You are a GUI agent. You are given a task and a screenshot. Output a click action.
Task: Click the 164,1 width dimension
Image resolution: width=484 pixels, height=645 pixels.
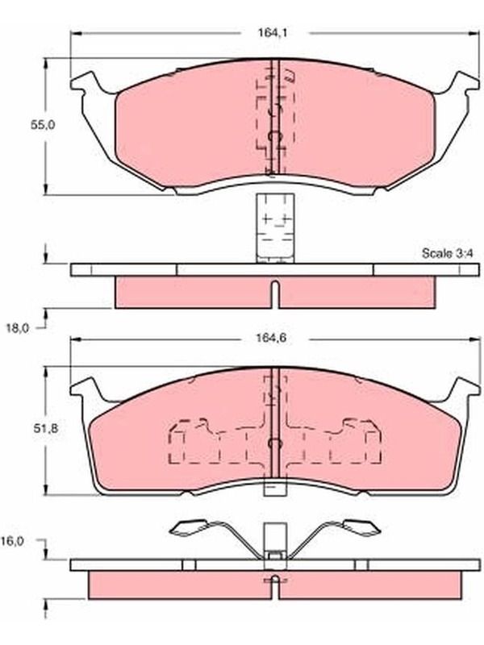tap(273, 32)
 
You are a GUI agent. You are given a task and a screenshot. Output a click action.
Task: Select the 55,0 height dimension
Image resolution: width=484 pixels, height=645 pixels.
tap(43, 125)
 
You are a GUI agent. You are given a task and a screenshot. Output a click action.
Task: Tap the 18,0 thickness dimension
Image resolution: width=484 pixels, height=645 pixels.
tap(19, 328)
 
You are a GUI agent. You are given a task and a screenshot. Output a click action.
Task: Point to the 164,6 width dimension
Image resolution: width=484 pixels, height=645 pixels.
tap(272, 338)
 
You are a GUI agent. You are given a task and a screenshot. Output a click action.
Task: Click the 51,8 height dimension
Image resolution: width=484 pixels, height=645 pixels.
tap(46, 428)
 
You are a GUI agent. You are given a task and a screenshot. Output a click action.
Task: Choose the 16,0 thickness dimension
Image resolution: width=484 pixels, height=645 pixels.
tap(12, 541)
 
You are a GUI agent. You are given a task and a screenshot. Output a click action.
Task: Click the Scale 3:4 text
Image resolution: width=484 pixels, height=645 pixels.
tap(448, 253)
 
